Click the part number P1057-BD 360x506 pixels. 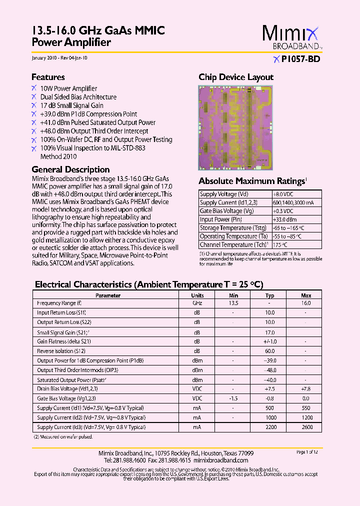pyautogui.click(x=300, y=58)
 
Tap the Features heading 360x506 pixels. pyautogui.click(x=48, y=77)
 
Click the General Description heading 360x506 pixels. pyautogui.click(x=70, y=169)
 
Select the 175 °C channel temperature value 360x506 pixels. pyautogui.click(x=280, y=245)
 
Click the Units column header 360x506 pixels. pyautogui.click(x=198, y=295)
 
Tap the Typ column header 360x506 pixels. pyautogui.click(x=270, y=295)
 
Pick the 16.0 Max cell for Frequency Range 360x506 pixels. pyautogui.click(x=306, y=303)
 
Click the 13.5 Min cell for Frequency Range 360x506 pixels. pyautogui.click(x=233, y=303)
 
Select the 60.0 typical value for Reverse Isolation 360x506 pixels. pyautogui.click(x=270, y=351)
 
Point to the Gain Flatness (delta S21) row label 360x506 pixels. pyautogui.click(x=64, y=341)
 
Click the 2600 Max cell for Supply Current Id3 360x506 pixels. pyautogui.click(x=306, y=427)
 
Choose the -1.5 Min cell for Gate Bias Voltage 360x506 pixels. pyautogui.click(x=233, y=398)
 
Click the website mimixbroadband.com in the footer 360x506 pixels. pyautogui.click(x=220, y=460)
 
